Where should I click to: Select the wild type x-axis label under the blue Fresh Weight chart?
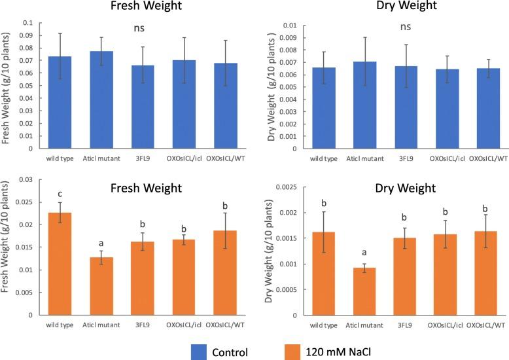coord(60,157)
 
